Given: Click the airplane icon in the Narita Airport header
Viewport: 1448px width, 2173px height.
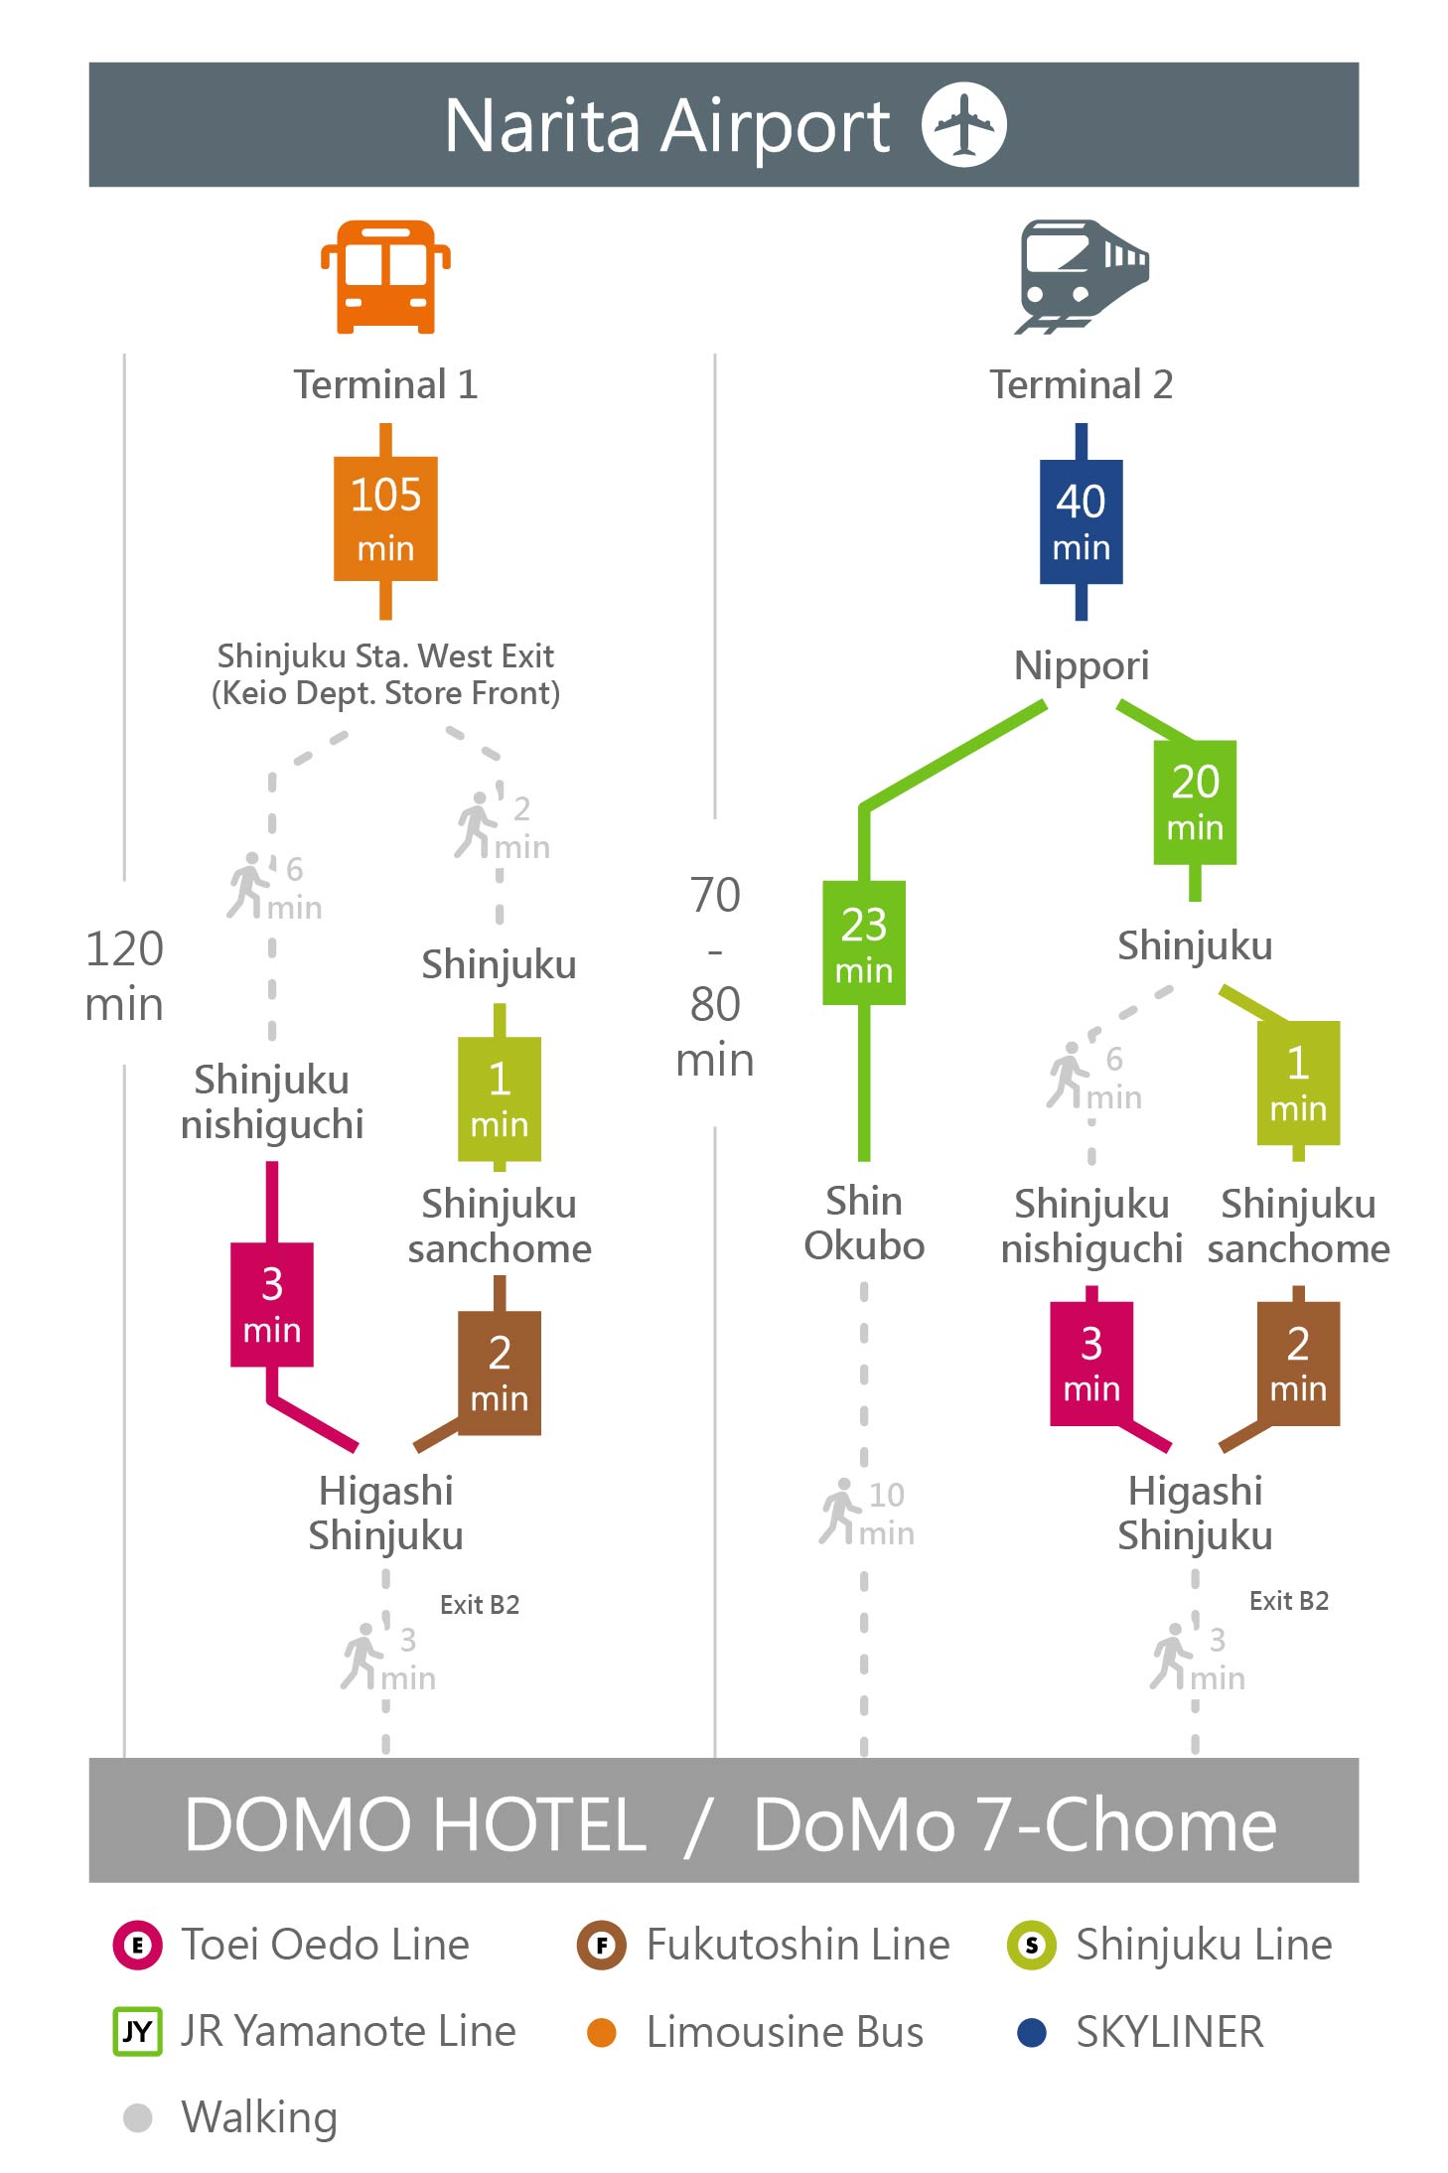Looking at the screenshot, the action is (x=963, y=124).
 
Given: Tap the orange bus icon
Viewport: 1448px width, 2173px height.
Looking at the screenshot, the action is (x=385, y=276).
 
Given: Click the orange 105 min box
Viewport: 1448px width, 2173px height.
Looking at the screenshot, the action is (x=385, y=518).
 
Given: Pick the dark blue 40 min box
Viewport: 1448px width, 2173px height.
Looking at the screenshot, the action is (x=1082, y=521).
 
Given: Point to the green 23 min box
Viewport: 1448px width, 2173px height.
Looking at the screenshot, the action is (x=864, y=942).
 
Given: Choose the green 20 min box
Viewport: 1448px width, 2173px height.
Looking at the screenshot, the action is (x=1195, y=801).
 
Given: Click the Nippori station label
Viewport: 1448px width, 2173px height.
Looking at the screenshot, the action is (x=1082, y=665).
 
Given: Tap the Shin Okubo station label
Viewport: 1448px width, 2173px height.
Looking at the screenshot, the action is (x=864, y=1223).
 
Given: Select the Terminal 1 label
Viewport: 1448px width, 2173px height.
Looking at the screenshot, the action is (x=385, y=384).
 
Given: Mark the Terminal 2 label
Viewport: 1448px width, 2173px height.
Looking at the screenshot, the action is (x=1082, y=384).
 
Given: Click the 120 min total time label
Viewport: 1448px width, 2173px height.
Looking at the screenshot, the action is (x=124, y=976).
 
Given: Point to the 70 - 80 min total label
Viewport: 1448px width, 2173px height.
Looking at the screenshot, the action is (x=715, y=977).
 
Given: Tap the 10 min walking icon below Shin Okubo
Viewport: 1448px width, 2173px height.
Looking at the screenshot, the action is (x=840, y=1512).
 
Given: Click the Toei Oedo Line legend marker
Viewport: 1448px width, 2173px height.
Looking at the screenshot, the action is (x=138, y=1945).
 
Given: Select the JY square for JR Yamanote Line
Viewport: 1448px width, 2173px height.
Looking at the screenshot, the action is (x=137, y=2031).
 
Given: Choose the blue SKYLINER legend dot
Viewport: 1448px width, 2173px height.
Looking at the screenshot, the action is (x=1032, y=2032).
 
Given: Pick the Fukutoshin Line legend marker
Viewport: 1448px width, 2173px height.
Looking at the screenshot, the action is (x=602, y=1945).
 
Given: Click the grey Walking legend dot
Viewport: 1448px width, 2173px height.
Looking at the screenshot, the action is (x=138, y=2117).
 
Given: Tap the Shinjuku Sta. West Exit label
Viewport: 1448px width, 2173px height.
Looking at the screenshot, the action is (x=385, y=655).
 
